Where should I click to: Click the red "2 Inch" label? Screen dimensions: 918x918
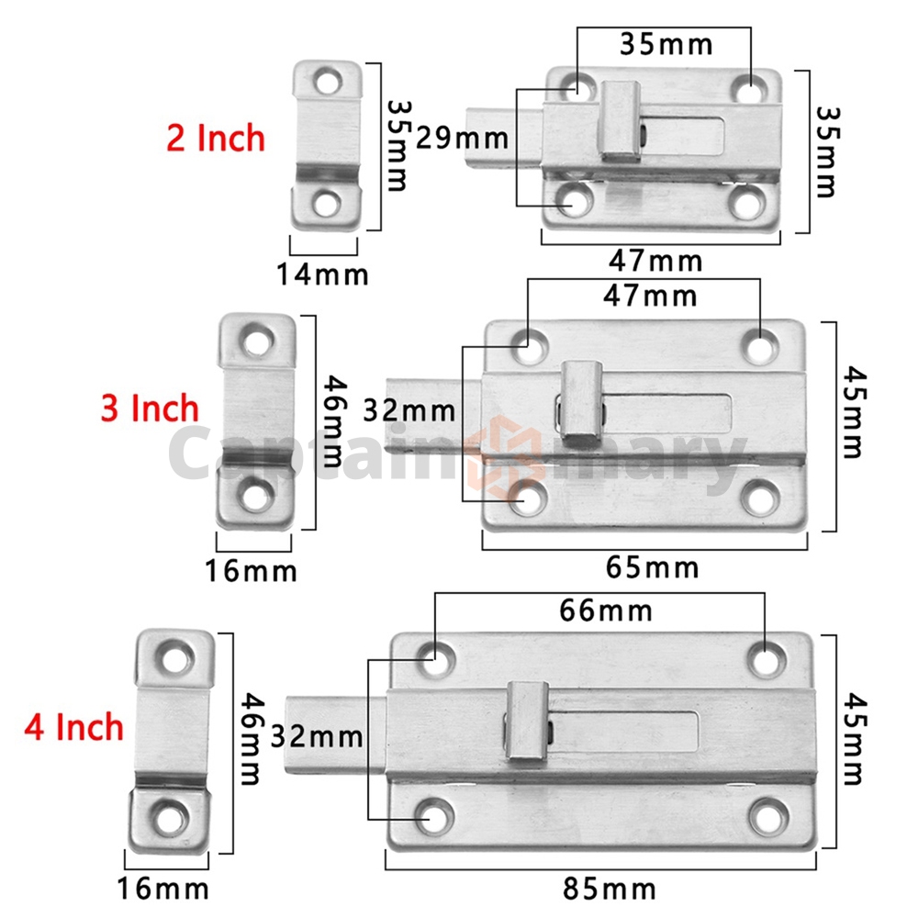click(216, 139)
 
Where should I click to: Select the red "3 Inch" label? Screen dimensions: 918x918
click(150, 409)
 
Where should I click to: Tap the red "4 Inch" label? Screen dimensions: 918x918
click(73, 727)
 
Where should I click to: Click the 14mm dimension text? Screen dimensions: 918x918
click(322, 274)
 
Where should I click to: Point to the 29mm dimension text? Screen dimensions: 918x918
click(463, 139)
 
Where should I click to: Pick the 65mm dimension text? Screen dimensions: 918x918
click(652, 567)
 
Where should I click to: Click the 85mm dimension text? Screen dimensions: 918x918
click(610, 889)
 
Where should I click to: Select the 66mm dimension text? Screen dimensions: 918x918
click(606, 610)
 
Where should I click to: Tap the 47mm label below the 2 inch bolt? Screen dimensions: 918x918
click(655, 261)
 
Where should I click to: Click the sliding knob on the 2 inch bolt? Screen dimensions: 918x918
click(619, 120)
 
